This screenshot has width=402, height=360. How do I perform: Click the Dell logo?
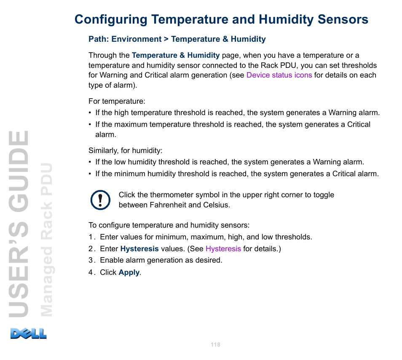coord(29,333)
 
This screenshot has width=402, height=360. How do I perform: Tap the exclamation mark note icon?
coord(100,200)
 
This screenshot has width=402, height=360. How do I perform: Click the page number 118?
coord(215,345)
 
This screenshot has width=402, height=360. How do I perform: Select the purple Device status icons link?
coord(279,75)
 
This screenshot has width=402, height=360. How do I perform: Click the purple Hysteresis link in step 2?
coord(223,249)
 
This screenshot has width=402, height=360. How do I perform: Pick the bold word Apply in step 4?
coord(129,272)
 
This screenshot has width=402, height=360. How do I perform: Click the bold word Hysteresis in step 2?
coord(139,249)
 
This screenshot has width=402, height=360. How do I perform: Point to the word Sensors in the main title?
coord(343,19)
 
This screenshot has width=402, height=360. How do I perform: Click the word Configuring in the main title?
coord(111,20)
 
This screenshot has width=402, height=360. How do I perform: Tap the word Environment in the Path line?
coord(137,39)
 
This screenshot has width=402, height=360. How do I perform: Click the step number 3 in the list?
coord(91,260)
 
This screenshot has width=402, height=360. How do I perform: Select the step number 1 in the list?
coord(91,237)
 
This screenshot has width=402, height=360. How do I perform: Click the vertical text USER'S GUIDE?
coord(19,224)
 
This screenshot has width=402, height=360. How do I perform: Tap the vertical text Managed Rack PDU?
coord(46,240)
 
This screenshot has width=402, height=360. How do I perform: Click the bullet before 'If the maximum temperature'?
coord(90,125)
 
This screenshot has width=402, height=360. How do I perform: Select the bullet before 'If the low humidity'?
coord(90,162)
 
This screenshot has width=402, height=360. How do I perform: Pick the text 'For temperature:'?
coord(117,101)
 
